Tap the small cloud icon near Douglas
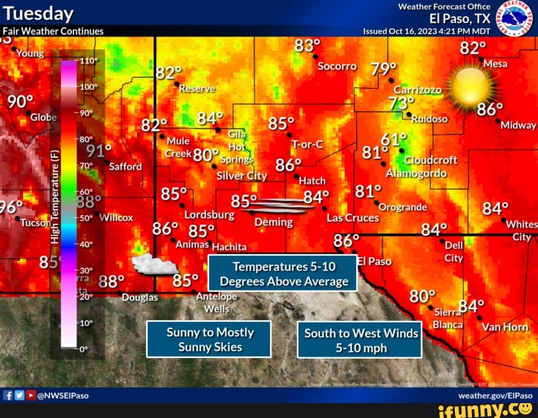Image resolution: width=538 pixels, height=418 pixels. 154,265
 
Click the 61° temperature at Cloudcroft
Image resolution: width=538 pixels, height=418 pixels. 394,139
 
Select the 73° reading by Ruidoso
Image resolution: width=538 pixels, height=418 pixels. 401,104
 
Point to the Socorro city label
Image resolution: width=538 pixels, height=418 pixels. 337,66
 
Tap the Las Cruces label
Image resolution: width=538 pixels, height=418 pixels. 352,218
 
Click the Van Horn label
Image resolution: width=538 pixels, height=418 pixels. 505,327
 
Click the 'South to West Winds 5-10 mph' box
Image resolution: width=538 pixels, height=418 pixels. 361,340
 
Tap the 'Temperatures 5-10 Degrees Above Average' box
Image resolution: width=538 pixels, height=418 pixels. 283,273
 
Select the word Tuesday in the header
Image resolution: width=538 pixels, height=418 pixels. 39,14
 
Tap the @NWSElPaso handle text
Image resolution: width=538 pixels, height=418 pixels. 62,396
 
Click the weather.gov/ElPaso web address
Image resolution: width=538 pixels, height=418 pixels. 495,396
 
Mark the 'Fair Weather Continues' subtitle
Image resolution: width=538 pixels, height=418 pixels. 53,31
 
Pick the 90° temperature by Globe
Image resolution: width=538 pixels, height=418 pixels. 20,102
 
